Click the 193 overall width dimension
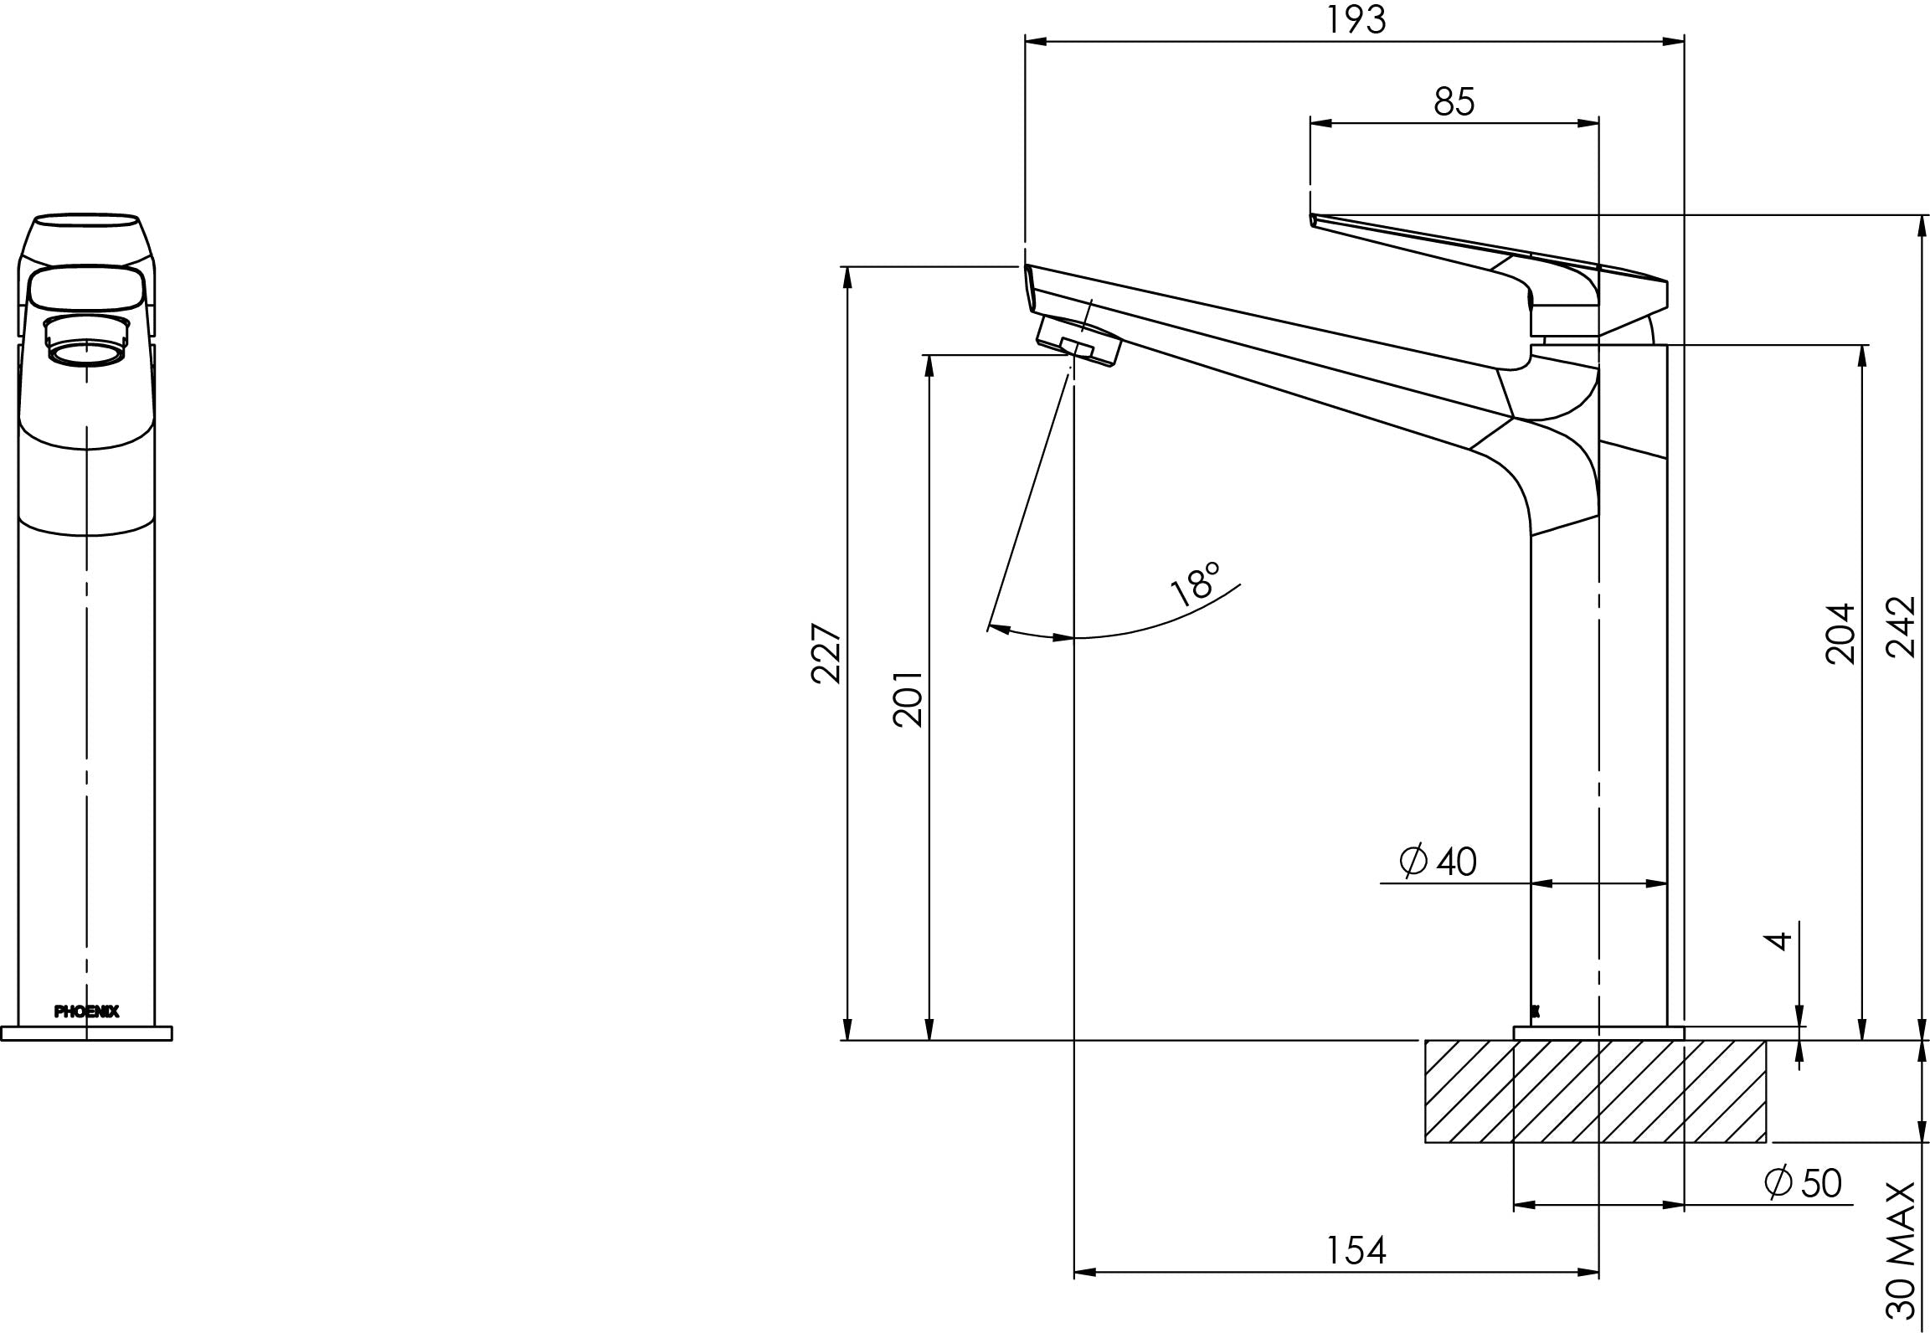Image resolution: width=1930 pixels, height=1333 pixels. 1355,20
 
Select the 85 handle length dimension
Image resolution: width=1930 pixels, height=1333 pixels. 1454,102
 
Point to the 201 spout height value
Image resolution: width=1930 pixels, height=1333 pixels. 908,698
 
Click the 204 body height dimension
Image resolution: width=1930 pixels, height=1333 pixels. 1840,634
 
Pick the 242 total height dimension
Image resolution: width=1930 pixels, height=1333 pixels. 1902,627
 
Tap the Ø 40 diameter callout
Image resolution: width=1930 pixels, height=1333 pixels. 1438,862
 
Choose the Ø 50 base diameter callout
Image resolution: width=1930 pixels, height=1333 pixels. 1803,1183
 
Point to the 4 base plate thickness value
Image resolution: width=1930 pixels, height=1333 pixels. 1778,940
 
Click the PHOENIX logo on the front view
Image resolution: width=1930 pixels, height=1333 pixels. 87,1011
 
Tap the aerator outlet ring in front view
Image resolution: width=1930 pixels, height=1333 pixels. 87,353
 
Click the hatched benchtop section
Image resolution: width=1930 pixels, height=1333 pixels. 1595,1090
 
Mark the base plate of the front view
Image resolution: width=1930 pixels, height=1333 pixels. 87,1033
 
